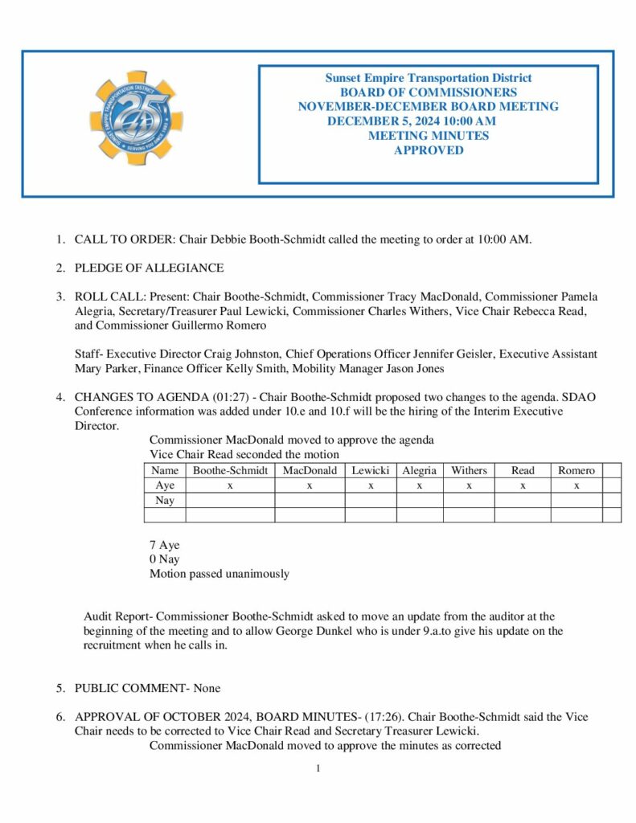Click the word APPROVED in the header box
pyautogui.click(x=428, y=150)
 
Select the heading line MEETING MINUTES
pyautogui.click(x=428, y=137)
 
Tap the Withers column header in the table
pyautogui.click(x=468, y=470)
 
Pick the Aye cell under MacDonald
pyautogui.click(x=310, y=485)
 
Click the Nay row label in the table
pyautogui.click(x=164, y=501)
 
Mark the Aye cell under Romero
pyautogui.click(x=577, y=485)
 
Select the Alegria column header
pyautogui.click(x=419, y=470)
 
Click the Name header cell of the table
pyautogui.click(x=164, y=470)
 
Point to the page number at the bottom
pyautogui.click(x=318, y=768)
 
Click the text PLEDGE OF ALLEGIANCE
pyautogui.click(x=149, y=268)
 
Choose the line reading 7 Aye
pyautogui.click(x=165, y=545)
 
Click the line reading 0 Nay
pyautogui.click(x=165, y=559)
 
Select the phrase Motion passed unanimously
pyautogui.click(x=219, y=574)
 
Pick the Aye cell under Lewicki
pyautogui.click(x=370, y=485)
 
